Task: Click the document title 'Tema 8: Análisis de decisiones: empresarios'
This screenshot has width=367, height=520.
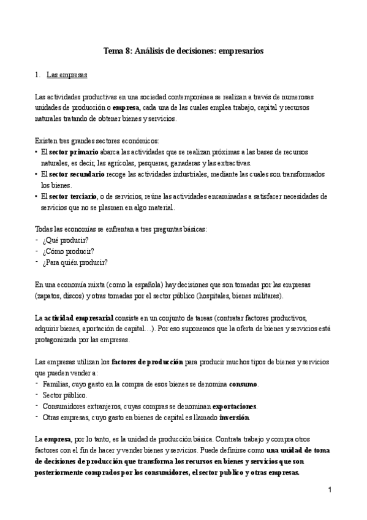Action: tap(183, 52)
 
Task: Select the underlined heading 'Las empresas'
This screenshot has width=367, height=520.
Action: tap(67, 77)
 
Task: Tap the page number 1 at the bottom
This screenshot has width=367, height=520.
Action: tap(329, 490)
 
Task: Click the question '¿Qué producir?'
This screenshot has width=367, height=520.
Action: tap(66, 240)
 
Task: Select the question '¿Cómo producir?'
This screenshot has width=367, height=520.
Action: tap(68, 251)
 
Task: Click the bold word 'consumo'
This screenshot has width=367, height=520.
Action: tap(244, 384)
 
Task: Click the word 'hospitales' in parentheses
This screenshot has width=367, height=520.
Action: tap(209, 296)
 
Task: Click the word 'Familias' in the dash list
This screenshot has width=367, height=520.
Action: tap(55, 384)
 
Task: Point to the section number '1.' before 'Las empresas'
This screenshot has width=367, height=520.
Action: tap(38, 77)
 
